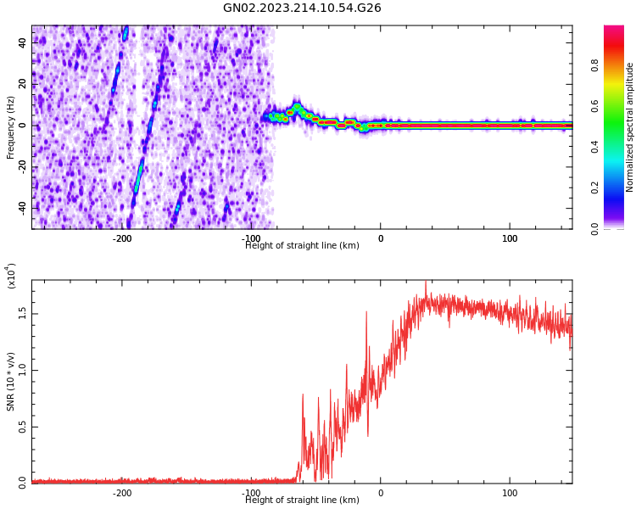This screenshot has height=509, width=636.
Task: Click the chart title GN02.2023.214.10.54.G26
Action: pyautogui.click(x=302, y=8)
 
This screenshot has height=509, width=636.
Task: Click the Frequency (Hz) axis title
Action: pyautogui.click(x=11, y=127)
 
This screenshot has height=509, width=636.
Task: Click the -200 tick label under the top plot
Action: pyautogui.click(x=122, y=238)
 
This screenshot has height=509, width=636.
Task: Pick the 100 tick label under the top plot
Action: pyautogui.click(x=510, y=238)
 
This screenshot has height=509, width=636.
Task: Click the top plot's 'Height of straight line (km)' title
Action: pyautogui.click(x=302, y=246)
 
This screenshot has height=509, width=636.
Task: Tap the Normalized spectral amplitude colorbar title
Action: pyautogui.click(x=630, y=127)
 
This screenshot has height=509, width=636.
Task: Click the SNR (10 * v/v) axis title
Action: pyautogui.click(x=11, y=382)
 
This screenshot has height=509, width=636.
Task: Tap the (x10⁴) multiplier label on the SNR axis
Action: pyautogui.click(x=12, y=276)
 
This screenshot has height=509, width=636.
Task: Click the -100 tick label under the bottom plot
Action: pyautogui.click(x=251, y=493)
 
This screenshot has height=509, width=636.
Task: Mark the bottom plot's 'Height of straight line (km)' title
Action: pyautogui.click(x=302, y=501)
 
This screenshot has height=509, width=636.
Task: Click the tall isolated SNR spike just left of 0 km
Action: pyautogui.click(x=366, y=313)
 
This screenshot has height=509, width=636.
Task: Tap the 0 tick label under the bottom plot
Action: pyautogui.click(x=381, y=493)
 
